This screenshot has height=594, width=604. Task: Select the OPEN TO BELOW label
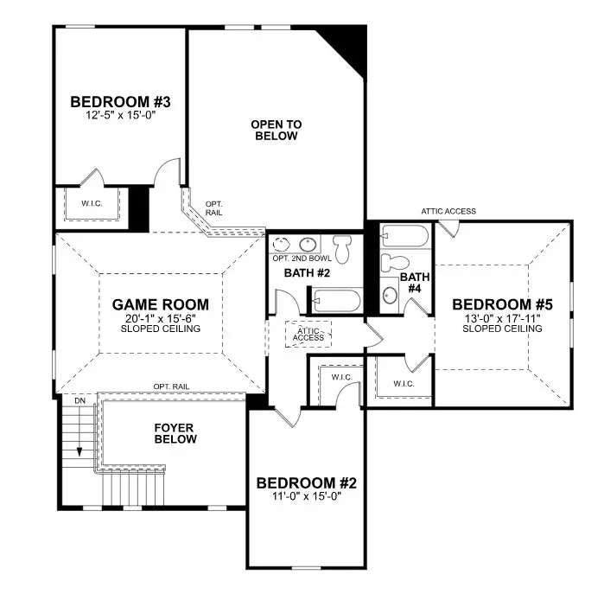[x=276, y=130]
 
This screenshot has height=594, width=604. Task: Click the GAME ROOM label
[x=161, y=304]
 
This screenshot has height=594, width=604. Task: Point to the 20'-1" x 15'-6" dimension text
[x=161, y=318]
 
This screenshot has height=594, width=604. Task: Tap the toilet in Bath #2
[x=343, y=248]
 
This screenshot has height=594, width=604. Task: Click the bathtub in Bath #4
[x=404, y=235]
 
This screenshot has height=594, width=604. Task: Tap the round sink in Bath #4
[x=391, y=295]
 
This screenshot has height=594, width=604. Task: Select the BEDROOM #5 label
[x=501, y=304]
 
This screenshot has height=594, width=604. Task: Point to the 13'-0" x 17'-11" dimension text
[x=501, y=317]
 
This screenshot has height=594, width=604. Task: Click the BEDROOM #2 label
[x=307, y=482]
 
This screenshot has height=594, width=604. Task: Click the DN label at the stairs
[x=79, y=402]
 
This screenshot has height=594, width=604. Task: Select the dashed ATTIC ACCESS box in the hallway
[x=308, y=333]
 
